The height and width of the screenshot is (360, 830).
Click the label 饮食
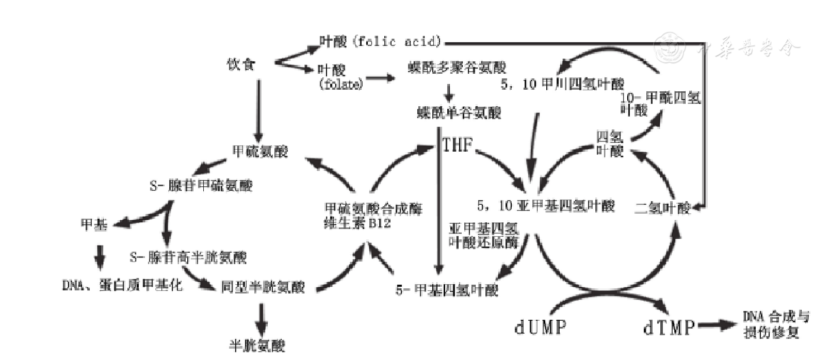point(241,64)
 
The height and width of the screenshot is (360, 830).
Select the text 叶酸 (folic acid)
point(381,41)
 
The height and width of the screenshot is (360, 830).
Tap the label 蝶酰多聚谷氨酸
point(457,68)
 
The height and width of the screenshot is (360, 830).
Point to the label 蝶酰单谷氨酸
point(459,112)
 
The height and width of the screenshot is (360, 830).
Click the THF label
point(457,145)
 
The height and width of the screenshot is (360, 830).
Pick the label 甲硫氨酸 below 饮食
point(260,151)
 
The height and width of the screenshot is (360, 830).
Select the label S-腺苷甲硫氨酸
point(201,185)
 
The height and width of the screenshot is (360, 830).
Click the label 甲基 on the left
point(94,224)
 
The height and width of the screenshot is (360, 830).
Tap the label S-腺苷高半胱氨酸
point(188,257)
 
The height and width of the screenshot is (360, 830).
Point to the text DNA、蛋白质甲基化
point(122,285)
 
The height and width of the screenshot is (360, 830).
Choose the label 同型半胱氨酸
point(263,287)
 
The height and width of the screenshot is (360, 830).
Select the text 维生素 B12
point(357,223)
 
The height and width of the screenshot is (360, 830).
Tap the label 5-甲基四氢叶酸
point(447,290)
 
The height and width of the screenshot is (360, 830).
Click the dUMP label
point(540,327)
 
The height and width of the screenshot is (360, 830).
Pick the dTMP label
point(669,327)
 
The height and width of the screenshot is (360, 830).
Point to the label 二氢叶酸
point(662,208)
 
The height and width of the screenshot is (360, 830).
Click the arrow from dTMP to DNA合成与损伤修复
point(717,325)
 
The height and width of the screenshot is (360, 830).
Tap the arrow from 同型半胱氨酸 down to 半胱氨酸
point(262,319)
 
